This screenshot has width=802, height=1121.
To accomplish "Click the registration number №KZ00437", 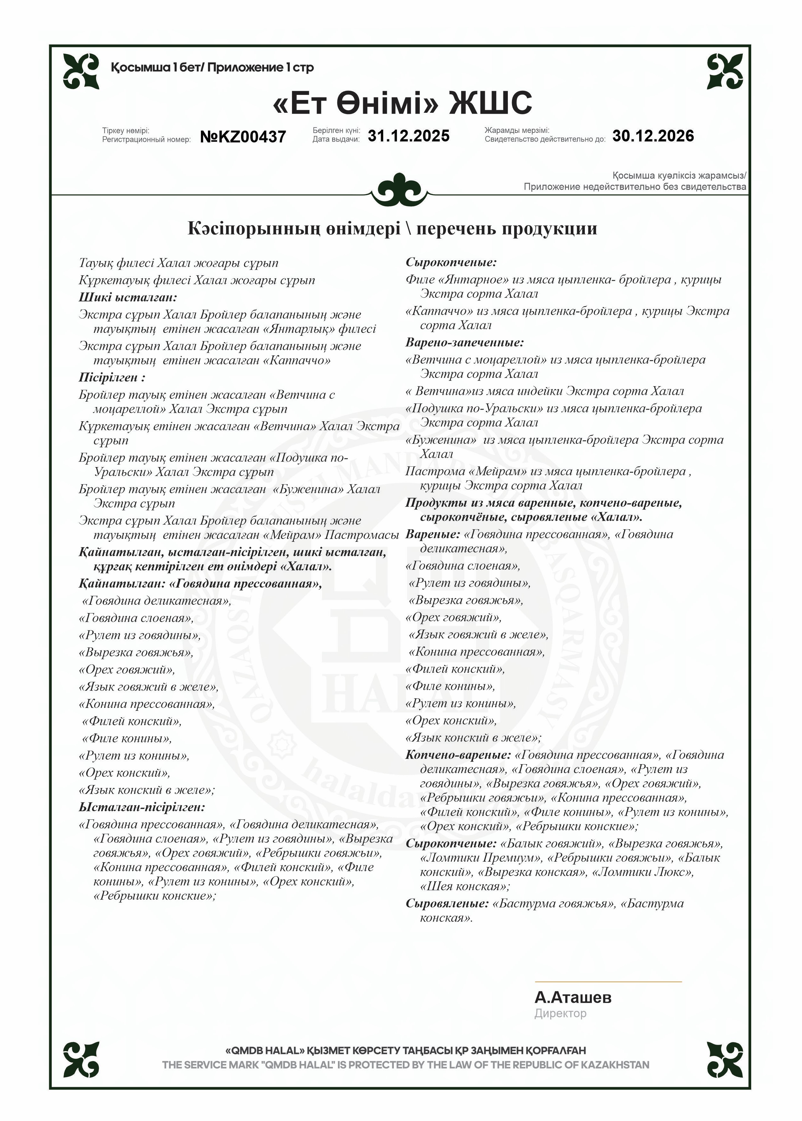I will pos(243,136).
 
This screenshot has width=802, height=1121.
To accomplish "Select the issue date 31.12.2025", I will pos(409,136).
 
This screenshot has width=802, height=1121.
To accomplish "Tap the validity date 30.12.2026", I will pos(653,136).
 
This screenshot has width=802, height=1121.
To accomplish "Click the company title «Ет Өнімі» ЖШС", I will pos(402,103).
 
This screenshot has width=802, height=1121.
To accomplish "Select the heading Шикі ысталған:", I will pos(128,297).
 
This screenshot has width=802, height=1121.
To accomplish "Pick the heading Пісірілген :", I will pos(111,378).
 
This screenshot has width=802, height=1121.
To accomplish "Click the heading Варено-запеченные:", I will pos(464,342).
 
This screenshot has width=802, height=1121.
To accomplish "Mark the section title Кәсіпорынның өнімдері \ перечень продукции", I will pos(392,229).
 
